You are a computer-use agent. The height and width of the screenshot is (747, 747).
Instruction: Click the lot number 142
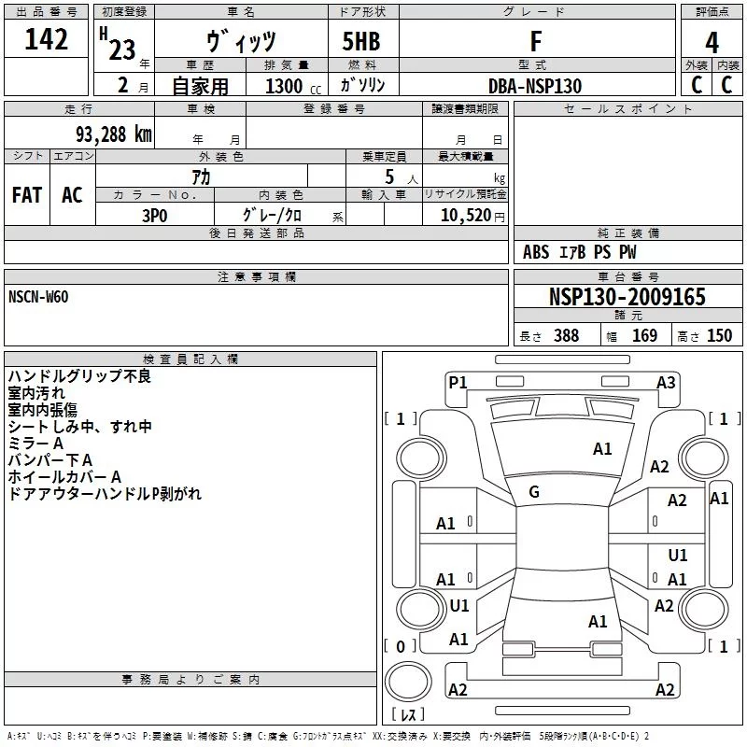point(46,38)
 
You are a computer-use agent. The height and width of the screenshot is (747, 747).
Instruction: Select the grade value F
point(536,41)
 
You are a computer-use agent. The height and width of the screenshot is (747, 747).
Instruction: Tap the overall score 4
point(712,42)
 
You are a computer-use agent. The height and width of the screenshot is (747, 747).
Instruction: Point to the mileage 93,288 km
point(114,134)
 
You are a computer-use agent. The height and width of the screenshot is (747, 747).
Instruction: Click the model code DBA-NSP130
point(535,86)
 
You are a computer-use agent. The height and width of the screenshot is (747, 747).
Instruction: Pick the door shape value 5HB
point(361,41)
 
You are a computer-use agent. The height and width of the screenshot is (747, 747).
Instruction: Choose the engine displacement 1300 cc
point(293,86)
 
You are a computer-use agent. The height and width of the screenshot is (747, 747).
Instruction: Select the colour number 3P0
point(155,216)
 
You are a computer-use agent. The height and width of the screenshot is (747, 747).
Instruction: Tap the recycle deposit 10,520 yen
point(472,216)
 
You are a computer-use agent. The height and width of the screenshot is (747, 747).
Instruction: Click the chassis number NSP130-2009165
point(627,297)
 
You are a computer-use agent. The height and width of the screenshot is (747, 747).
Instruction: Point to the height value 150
point(719,335)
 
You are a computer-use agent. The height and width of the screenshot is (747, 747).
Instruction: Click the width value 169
point(644,335)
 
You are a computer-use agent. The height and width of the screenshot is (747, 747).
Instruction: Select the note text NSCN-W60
point(38,297)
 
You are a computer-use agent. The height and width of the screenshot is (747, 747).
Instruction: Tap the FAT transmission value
point(27,195)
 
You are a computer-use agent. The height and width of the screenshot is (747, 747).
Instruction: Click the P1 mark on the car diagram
point(458,383)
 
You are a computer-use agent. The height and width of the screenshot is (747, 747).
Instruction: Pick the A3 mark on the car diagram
point(666,383)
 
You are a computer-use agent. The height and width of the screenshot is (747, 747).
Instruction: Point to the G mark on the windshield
point(534,492)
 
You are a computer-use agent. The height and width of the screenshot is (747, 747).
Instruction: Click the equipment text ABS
point(536,252)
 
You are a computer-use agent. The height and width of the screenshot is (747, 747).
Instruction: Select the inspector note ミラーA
point(35,444)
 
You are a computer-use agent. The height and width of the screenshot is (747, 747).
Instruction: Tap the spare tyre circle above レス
point(408,682)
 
